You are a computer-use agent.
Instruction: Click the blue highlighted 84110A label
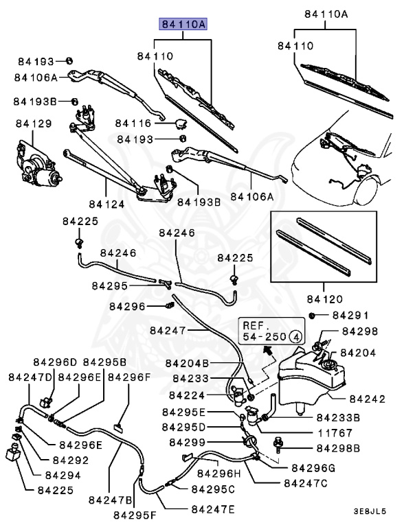pos(183,25)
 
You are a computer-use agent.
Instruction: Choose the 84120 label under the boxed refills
pos(325,299)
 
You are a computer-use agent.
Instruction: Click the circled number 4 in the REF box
pos(295,337)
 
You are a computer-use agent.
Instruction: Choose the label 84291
pos(350,316)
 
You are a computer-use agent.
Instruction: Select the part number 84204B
pos(187,363)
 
